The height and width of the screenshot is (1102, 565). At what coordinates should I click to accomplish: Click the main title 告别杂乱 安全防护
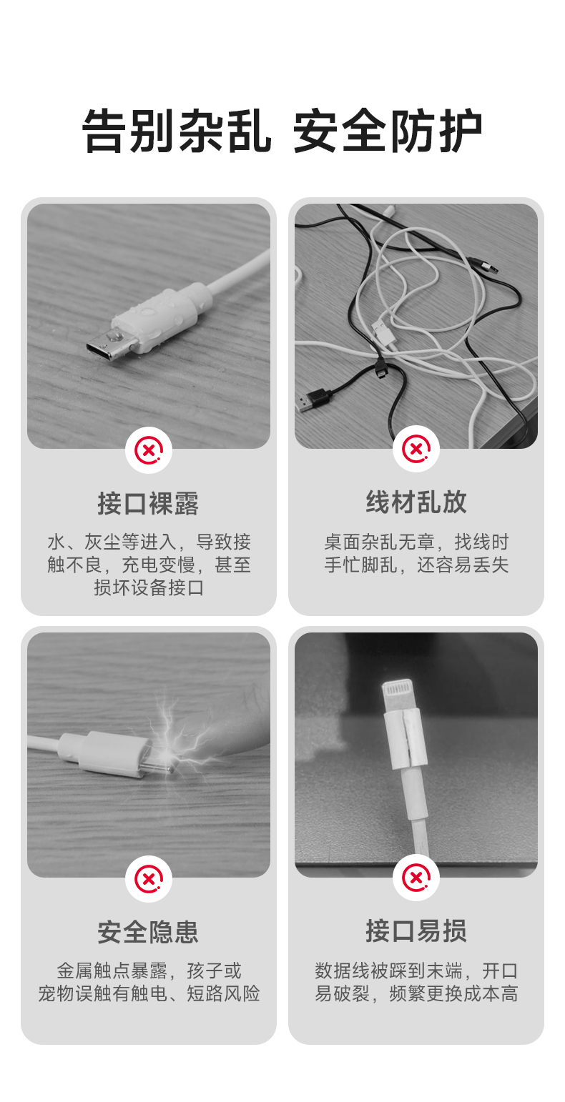coord(282,131)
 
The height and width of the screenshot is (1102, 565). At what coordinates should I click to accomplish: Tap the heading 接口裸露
coord(148,503)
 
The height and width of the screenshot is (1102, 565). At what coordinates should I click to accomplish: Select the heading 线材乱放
coord(416,502)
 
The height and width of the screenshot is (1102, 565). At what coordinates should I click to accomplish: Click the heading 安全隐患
coord(148,933)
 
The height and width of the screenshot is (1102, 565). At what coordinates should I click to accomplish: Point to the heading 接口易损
coord(416,930)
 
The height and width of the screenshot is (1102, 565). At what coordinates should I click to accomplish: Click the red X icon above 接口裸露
coord(149,450)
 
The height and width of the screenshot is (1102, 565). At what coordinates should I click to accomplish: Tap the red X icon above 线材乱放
coord(416,449)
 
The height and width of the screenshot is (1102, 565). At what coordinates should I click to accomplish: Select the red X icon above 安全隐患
coord(149,879)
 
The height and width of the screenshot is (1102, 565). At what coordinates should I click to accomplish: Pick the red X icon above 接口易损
coord(416,878)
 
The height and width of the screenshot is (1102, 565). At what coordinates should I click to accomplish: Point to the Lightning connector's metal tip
coord(398,694)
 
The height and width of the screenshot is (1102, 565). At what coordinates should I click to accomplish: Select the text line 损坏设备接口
coord(149,587)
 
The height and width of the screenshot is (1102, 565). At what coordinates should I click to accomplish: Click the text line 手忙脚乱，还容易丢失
coord(416,565)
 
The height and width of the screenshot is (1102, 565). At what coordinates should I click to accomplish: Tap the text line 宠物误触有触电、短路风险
coord(149,994)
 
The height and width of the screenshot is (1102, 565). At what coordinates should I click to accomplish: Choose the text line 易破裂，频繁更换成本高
coord(416,994)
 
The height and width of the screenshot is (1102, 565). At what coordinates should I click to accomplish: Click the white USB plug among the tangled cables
coord(383,331)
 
